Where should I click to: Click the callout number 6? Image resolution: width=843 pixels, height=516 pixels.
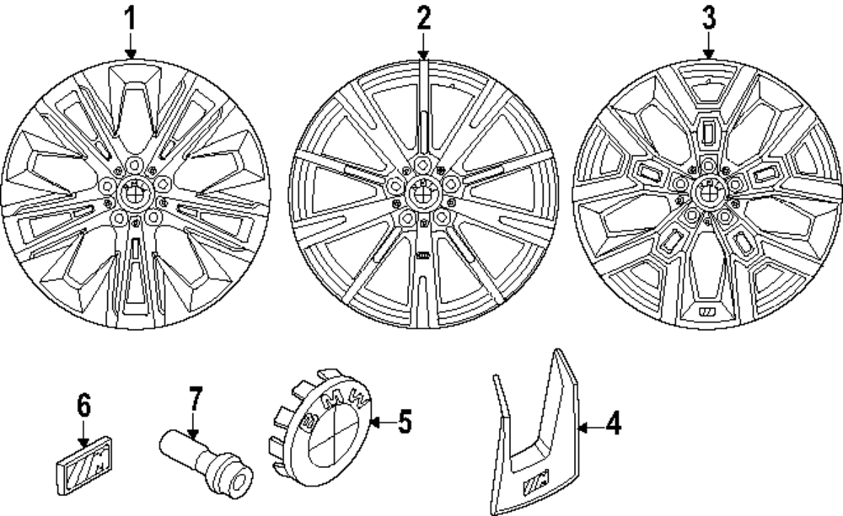(83, 407)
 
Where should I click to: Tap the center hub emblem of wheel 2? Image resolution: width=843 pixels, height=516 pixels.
(421, 194)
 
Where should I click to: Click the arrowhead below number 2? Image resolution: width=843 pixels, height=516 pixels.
(423, 53)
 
